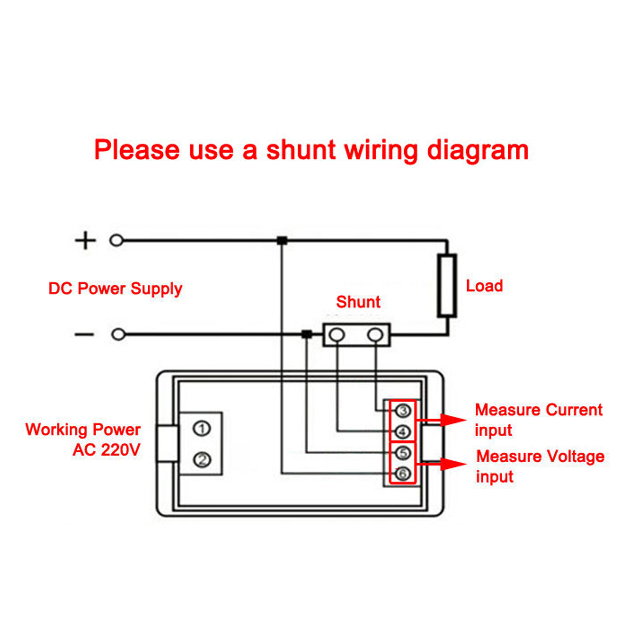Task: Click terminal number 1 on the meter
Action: tap(202, 429)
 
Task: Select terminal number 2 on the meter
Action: tap(202, 460)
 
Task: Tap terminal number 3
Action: tap(403, 411)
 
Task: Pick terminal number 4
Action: tap(403, 432)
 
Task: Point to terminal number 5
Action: tap(403, 453)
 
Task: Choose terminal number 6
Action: tap(403, 474)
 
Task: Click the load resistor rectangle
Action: tap(447, 285)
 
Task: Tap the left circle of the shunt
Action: tap(337, 335)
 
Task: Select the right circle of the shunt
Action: tap(375, 335)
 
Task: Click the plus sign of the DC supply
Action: tap(85, 240)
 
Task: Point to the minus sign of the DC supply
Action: tap(84, 334)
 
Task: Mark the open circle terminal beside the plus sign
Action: tap(116, 240)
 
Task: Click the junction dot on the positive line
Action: tap(282, 240)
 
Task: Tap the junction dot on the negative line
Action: tap(307, 334)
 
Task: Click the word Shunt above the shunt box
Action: tap(358, 302)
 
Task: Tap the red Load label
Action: tap(484, 286)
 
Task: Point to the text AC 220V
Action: tap(107, 450)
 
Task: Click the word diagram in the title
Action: tap(478, 151)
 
